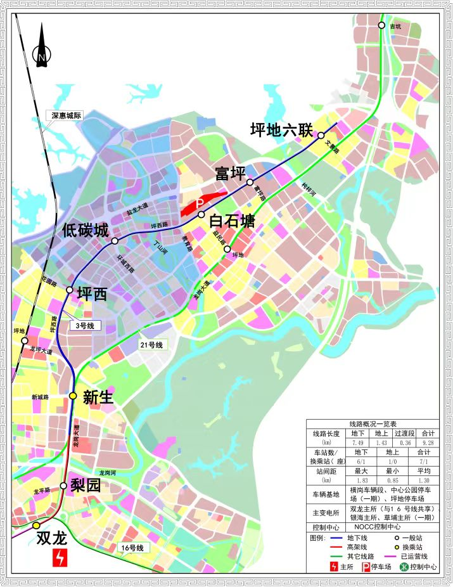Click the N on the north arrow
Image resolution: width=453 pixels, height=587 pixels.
coord(41,58)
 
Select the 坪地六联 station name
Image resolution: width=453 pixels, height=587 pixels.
coord(281,131)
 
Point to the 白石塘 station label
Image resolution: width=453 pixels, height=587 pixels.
coord(232,221)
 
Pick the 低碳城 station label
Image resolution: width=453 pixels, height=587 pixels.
coord(85,231)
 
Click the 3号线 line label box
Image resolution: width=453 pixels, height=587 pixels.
coord(85,326)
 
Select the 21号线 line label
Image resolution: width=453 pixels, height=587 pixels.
coord(151,345)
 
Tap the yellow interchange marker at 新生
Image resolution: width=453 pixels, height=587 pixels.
coord(73,396)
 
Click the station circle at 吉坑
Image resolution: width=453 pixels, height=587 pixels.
coord(381,25)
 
